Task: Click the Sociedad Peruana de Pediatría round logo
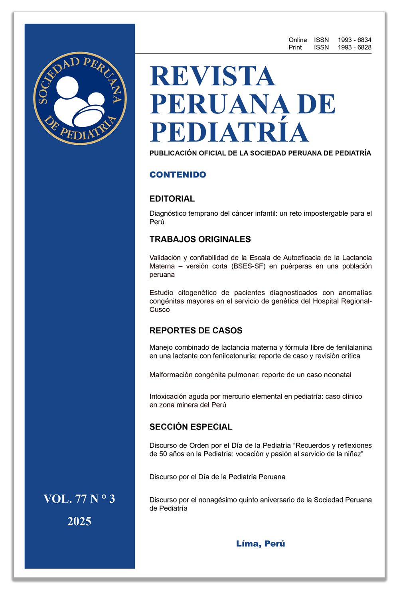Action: tap(80, 98)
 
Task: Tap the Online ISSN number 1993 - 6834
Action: tap(354, 40)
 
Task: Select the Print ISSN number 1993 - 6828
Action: tap(354, 47)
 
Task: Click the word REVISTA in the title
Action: tap(212, 76)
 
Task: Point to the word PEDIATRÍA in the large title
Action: tap(229, 132)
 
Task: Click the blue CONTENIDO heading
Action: tap(178, 175)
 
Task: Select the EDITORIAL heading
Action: tap(172, 199)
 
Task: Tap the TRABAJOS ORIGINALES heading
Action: tap(200, 239)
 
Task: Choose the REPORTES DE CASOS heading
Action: tap(196, 331)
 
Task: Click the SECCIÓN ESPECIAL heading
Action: tap(191, 427)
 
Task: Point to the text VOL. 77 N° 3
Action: tap(79, 499)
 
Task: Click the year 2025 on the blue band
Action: tap(79, 521)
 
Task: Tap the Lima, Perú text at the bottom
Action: tap(261, 544)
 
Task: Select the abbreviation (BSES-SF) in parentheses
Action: tap(248, 266)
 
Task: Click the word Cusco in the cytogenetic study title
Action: tap(160, 310)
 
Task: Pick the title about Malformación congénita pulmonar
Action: tap(250, 375)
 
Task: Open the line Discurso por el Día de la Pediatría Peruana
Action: tap(217, 477)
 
